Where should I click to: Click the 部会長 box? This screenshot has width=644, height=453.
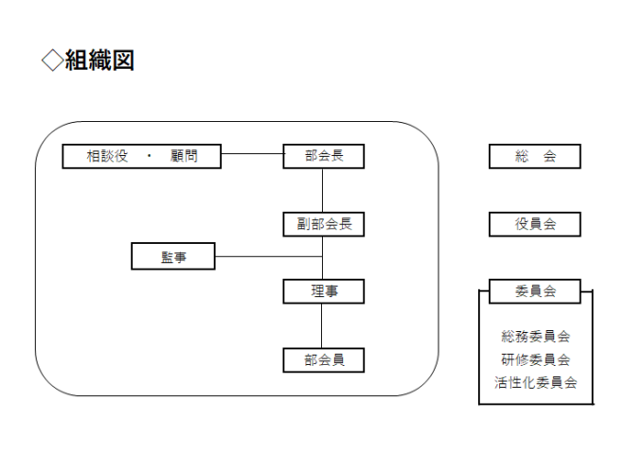tap(324, 156)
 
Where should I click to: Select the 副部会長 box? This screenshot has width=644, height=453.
tap(324, 224)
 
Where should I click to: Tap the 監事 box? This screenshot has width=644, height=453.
tap(173, 256)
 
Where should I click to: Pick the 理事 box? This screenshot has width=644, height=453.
tap(324, 291)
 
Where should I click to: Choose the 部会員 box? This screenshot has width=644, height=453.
tap(324, 360)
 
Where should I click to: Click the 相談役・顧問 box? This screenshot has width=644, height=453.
tap(142, 156)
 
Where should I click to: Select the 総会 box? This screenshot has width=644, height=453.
tap(535, 156)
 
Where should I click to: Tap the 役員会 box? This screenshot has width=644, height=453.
tap(535, 224)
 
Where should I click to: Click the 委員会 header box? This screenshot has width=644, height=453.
tap(535, 291)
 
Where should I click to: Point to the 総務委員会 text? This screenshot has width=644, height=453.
tap(536, 337)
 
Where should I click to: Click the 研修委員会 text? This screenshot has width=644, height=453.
tap(536, 360)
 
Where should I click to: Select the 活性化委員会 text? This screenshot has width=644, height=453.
tap(536, 383)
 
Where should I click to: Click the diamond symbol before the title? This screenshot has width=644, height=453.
tap(53, 61)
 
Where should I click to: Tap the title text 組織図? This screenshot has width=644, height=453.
tap(99, 61)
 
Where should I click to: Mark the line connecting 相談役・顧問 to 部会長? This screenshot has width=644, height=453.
tap(252, 154)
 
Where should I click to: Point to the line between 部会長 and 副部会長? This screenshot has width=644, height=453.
tap(322, 190)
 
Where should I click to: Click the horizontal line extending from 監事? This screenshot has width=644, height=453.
tap(269, 256)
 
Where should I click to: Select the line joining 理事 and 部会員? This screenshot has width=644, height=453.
tap(322, 326)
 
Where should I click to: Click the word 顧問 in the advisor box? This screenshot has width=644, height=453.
tap(184, 156)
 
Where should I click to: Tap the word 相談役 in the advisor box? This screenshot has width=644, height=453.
tap(107, 156)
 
